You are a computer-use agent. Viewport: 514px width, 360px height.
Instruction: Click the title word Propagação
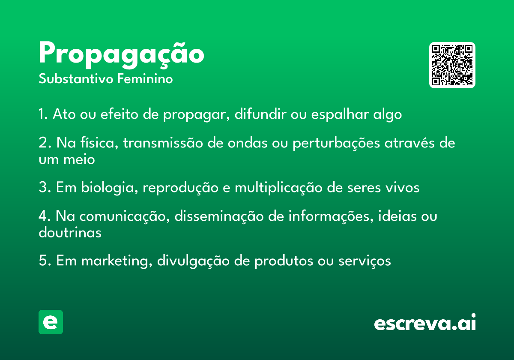point(121,55)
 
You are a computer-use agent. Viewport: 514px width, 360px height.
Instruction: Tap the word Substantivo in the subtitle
point(76,79)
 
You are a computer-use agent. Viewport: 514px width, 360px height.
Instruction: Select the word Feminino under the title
point(145,78)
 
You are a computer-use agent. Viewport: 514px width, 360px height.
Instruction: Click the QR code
point(452,65)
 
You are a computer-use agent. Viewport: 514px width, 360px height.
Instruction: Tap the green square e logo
point(51,322)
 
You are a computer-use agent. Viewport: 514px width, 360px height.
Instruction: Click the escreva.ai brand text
point(425,322)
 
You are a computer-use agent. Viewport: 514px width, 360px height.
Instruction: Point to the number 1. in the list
point(43,114)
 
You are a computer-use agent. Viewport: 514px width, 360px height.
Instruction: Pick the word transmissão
point(163,143)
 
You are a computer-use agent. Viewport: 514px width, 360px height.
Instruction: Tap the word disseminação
point(219,216)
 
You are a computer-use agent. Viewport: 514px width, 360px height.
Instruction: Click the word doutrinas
point(70,232)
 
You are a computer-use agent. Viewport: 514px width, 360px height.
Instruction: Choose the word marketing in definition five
point(117,261)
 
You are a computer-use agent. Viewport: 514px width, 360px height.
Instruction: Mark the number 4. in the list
point(45,216)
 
